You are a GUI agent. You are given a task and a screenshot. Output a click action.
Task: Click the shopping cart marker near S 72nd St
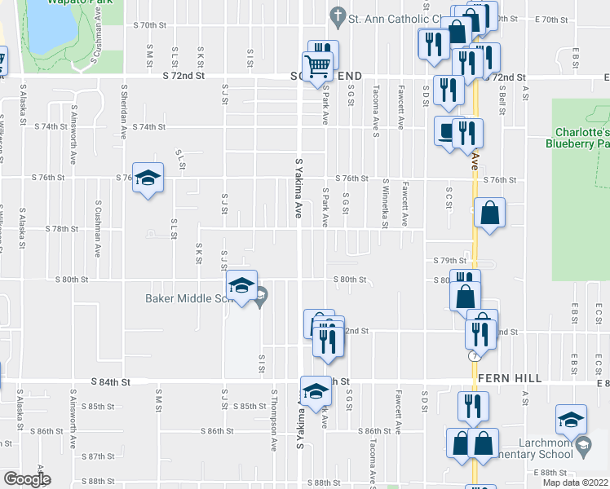(316, 64)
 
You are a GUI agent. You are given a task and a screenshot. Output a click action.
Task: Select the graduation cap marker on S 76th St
(147, 178)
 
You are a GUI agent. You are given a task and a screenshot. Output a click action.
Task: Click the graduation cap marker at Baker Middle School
(241, 285)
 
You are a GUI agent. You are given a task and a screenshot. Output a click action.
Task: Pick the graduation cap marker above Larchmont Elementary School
(571, 420)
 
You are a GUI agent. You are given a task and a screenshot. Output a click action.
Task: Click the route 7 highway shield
(473, 356)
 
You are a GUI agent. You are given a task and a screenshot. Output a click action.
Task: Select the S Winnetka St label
(384, 204)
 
